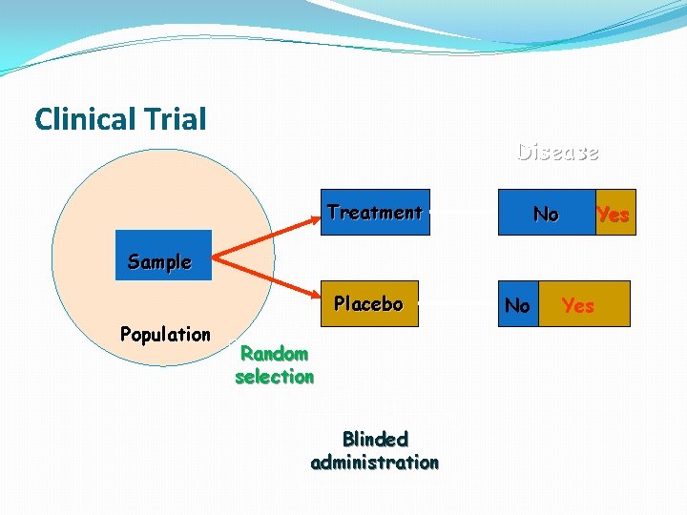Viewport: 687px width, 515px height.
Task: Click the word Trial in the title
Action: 177,119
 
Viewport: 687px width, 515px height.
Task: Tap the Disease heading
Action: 557,152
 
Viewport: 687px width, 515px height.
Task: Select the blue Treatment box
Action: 374,212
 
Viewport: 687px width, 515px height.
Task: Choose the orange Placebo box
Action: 368,304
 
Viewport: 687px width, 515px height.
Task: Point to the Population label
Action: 165,334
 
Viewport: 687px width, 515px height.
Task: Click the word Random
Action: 274,354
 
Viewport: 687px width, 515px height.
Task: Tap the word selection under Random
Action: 274,377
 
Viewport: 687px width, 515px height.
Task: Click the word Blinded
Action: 375,440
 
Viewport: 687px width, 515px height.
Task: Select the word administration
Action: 375,463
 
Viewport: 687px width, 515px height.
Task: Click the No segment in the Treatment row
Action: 546,213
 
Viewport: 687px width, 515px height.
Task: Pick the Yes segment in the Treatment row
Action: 614,213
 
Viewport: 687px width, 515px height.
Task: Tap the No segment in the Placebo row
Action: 518,304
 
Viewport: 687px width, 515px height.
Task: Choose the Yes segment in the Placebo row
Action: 583,304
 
